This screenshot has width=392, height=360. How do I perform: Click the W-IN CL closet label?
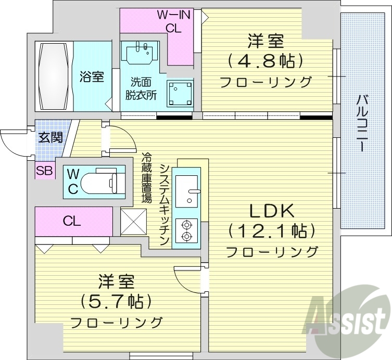click(173, 22)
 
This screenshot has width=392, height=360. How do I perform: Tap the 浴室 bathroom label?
click(92, 76)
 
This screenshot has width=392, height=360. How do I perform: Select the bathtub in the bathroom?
click(54, 76)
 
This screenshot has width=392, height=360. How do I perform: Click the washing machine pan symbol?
click(179, 93)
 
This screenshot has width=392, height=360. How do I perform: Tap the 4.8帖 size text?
click(265, 61)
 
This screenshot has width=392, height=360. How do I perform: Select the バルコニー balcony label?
click(361, 123)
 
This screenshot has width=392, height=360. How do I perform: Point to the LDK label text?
click(272, 210)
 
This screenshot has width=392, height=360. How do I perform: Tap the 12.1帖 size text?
click(272, 230)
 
